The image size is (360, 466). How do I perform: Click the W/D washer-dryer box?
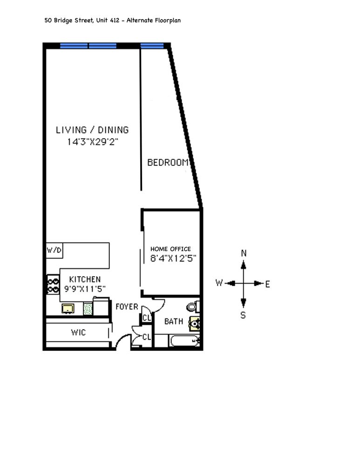tap(54, 250)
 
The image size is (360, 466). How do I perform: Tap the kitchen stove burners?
tap(52, 285)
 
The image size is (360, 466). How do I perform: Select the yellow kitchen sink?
tap(68, 308)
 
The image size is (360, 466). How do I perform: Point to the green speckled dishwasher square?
tap(88, 308)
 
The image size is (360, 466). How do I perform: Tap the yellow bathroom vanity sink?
tap(195, 323)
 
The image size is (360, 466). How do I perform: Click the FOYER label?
tap(127, 306)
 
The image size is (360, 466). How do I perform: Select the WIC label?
tap(78, 333)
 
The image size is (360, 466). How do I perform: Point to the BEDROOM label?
tap(168, 163)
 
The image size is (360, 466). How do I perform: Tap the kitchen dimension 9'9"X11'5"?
tap(85, 288)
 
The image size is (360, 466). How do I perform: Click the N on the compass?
tap(243, 253)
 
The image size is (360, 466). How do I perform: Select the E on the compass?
tap(268, 284)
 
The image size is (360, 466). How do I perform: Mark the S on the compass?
tap(243, 315)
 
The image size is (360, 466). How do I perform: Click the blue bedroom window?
tap(152, 45)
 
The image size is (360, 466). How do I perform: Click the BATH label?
tap(173, 322)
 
